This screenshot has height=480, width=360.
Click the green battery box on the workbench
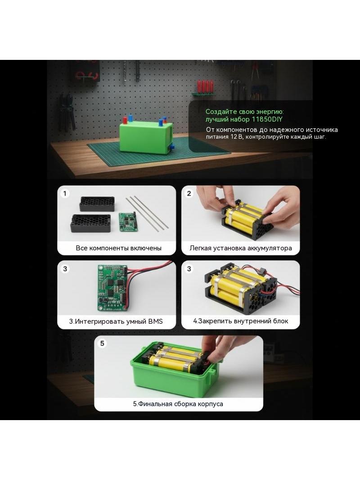tap(146, 136)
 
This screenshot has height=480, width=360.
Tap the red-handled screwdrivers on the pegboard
tap(205, 87)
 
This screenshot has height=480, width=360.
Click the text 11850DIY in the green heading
tap(267, 119)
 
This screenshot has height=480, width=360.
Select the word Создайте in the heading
tap(217, 112)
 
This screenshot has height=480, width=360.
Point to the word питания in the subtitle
tap(217, 137)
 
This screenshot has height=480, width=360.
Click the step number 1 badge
tap(65, 194)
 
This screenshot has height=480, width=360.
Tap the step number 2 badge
tap(189, 194)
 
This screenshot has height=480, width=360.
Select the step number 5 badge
tap(102, 344)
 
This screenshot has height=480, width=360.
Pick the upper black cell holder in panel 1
tap(97, 204)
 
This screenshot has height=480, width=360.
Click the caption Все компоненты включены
tap(119, 248)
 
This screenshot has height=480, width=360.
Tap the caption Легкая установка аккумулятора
tap(241, 248)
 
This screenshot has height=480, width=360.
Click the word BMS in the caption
tap(155, 322)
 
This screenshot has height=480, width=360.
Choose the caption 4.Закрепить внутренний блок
tap(241, 321)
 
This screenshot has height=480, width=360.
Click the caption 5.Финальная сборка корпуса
tap(178, 404)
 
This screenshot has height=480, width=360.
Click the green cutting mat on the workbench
tap(159, 152)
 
